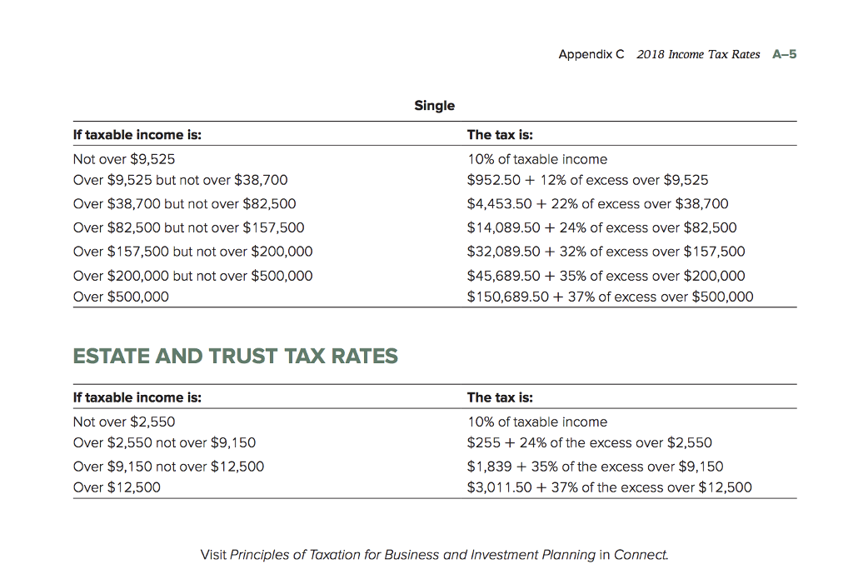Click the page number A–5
(x=785, y=54)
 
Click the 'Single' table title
(x=435, y=106)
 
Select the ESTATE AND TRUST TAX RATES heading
(x=236, y=357)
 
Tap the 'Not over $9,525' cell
(x=124, y=159)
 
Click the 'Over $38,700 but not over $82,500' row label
(x=184, y=203)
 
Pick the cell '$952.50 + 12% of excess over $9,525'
(x=588, y=180)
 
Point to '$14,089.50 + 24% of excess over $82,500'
(x=602, y=227)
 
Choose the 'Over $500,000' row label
(x=121, y=297)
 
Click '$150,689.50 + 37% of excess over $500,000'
(x=611, y=297)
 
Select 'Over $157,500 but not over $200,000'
(x=193, y=252)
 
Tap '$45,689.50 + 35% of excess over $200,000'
(x=606, y=276)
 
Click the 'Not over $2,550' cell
(x=124, y=422)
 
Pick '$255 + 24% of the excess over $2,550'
(x=590, y=442)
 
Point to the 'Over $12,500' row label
(x=117, y=487)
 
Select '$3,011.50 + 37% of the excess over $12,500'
(x=610, y=487)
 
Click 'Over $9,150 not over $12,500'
(x=168, y=467)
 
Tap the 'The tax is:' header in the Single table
(x=500, y=135)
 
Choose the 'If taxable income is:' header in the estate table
(x=137, y=397)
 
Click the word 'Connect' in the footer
(x=641, y=555)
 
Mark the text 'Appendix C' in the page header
(x=591, y=54)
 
